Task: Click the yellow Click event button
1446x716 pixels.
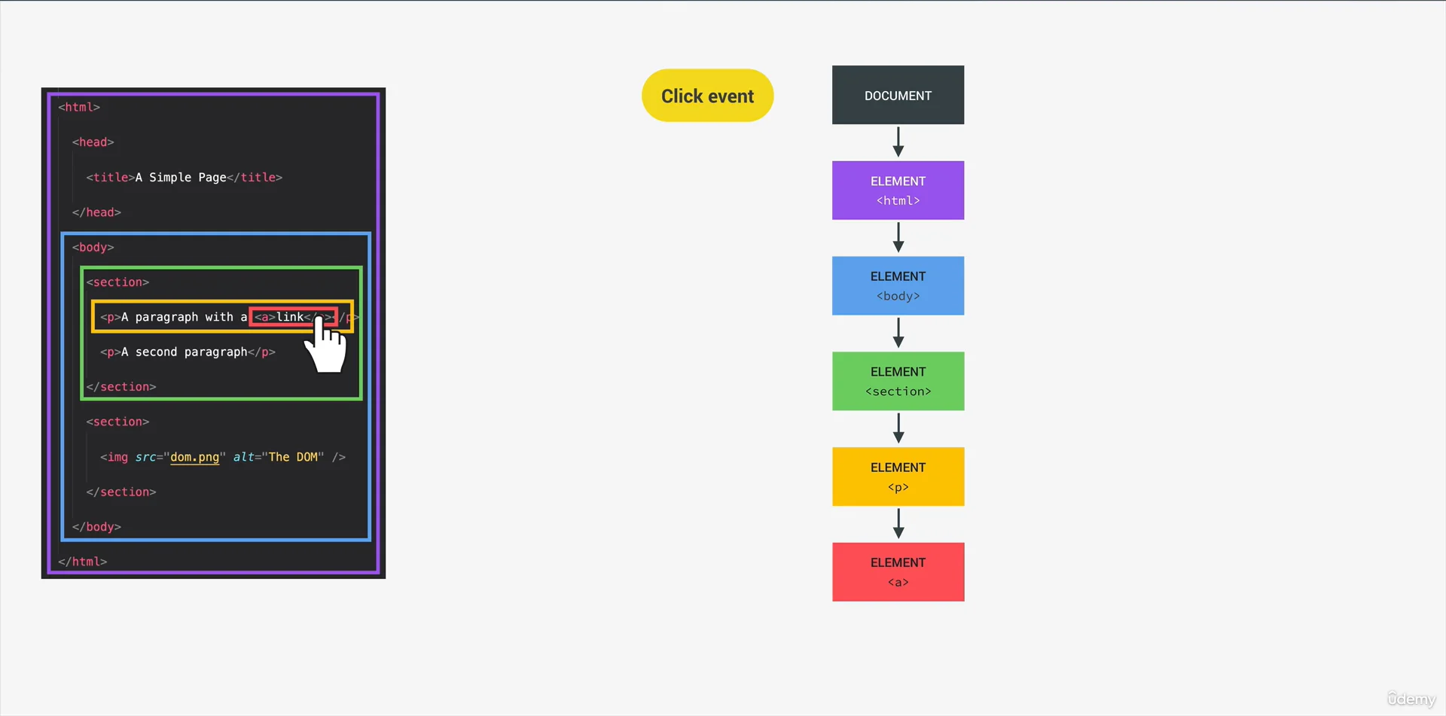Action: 707,96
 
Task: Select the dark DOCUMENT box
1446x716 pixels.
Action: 898,95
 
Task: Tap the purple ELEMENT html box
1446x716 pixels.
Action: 898,190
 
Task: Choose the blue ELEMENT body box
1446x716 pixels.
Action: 898,286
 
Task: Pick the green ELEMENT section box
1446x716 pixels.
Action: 898,381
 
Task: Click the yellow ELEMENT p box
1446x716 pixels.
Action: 898,477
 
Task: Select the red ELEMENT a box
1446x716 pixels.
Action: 898,572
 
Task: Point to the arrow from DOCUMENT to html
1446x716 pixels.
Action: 898,142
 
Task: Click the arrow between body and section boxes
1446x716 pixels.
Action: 898,333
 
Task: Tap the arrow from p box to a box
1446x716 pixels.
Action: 898,523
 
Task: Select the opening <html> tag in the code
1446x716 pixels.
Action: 79,107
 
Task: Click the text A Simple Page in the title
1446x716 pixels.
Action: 181,177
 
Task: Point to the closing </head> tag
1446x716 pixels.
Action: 96,212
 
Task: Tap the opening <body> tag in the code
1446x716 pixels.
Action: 93,247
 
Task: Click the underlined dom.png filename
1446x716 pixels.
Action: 194,457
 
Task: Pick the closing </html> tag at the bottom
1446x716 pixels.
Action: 83,562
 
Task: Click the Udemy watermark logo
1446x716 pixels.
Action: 1411,699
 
